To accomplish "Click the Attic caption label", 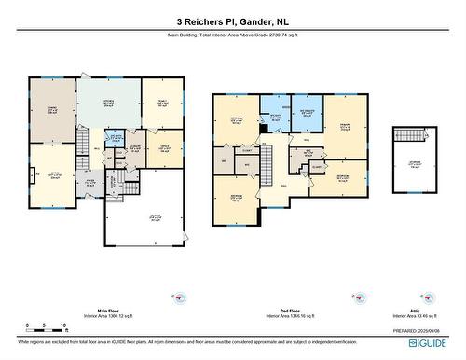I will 411,311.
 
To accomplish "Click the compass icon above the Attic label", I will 411,297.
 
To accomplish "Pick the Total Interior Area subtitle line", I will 232,35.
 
